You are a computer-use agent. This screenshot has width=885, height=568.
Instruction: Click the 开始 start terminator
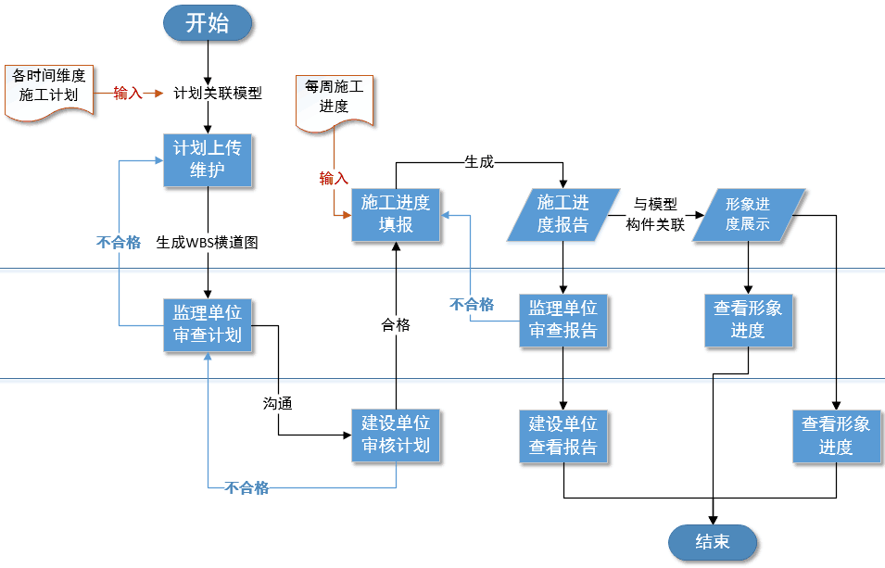pyautogui.click(x=207, y=23)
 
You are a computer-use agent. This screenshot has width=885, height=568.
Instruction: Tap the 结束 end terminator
pyautogui.click(x=712, y=542)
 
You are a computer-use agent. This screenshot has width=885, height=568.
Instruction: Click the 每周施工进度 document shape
pyautogui.click(x=334, y=98)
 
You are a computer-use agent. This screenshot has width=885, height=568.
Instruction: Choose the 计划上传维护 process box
pyautogui.click(x=207, y=159)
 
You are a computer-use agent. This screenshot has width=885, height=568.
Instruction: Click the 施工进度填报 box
pyautogui.click(x=396, y=215)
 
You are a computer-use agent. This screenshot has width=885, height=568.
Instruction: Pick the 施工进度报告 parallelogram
pyautogui.click(x=563, y=214)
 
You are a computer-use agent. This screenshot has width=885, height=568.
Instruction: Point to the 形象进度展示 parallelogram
pyautogui.click(x=747, y=214)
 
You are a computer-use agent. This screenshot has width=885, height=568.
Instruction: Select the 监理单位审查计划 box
pyautogui.click(x=207, y=324)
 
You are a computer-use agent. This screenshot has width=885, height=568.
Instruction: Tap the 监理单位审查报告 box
pyautogui.click(x=563, y=320)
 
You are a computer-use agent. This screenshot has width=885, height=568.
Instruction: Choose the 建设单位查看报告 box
pyautogui.click(x=563, y=435)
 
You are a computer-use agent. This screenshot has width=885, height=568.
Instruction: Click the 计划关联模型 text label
pyautogui.click(x=218, y=93)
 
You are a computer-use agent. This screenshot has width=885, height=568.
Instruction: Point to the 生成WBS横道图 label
pyautogui.click(x=207, y=243)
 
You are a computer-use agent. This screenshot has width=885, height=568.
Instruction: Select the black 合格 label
pyautogui.click(x=396, y=325)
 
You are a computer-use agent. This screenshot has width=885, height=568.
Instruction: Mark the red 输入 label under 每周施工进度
pyautogui.click(x=334, y=178)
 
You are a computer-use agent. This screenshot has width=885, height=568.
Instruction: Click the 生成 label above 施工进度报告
pyautogui.click(x=478, y=161)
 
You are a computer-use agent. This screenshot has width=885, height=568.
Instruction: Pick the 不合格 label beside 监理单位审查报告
pyautogui.click(x=472, y=304)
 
